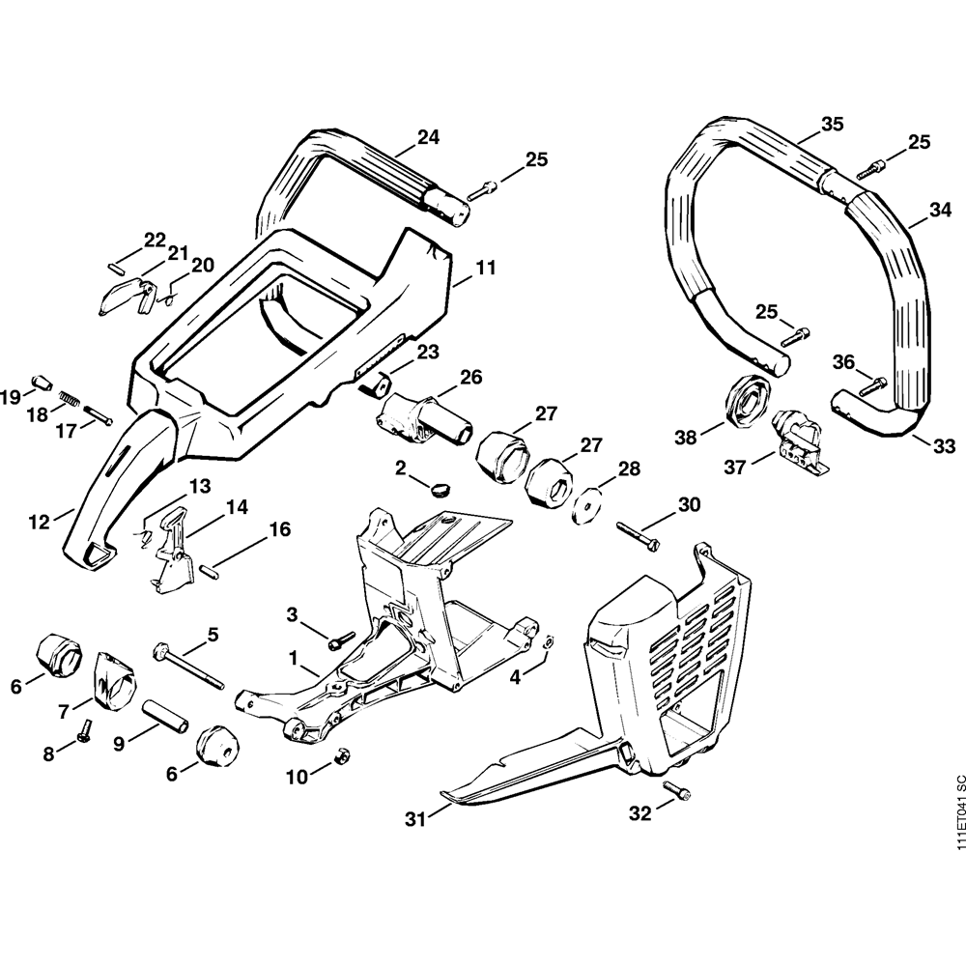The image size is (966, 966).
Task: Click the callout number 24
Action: pos(428,138)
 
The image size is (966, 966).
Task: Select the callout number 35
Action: pos(832,124)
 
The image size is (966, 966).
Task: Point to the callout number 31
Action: pos(415,819)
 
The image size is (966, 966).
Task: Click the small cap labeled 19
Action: pos(42,383)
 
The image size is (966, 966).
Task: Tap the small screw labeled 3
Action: pos(338,640)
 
